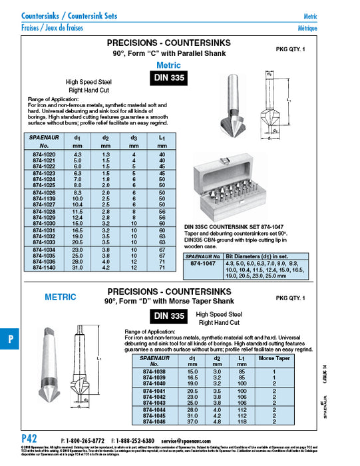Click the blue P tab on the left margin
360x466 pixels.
click(x=10, y=338)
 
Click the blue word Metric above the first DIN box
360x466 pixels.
click(x=168, y=65)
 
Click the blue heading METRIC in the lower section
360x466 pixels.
click(x=60, y=297)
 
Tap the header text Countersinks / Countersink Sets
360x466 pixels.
click(x=66, y=15)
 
